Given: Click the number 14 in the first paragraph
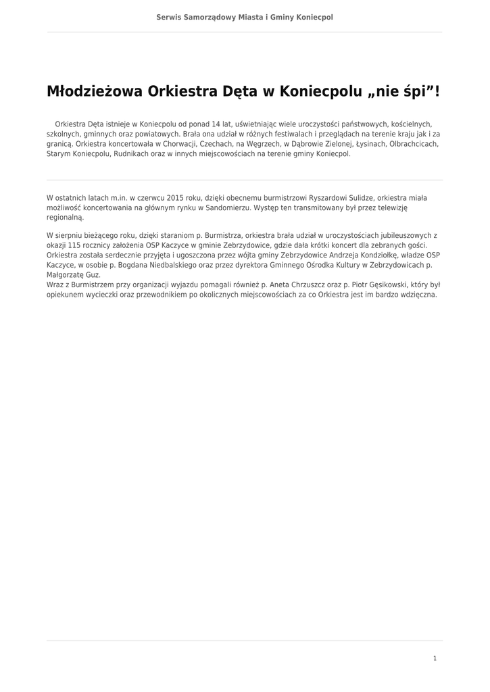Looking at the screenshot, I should click(x=216, y=124).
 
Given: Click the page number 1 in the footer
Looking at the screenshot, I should click(x=435, y=658).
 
